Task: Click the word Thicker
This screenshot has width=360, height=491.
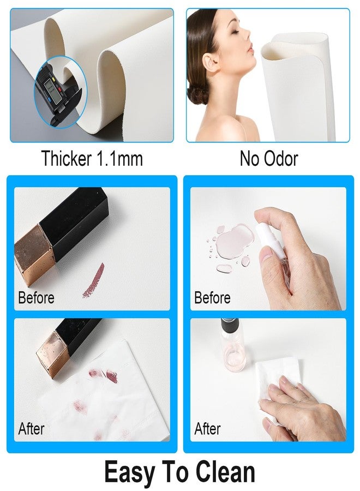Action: click(67, 158)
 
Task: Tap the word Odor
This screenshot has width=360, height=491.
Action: click(281, 158)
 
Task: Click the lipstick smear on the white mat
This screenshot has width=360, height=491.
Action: click(93, 281)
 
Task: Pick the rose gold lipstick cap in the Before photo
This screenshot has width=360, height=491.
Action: click(34, 255)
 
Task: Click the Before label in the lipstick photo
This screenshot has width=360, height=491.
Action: click(37, 297)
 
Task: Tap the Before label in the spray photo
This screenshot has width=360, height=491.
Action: click(212, 297)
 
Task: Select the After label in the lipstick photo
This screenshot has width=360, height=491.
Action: click(31, 428)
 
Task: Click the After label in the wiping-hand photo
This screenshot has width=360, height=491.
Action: click(208, 428)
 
